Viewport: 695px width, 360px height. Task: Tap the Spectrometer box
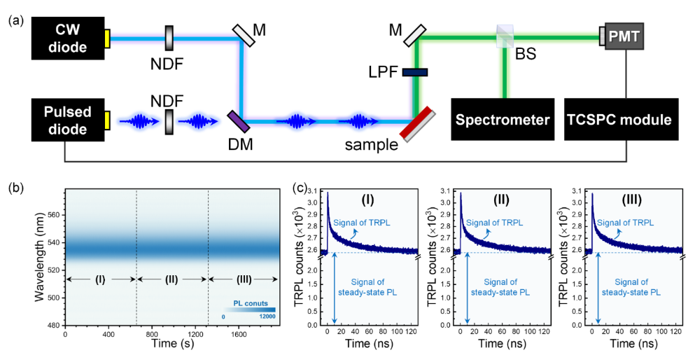(x=503, y=120)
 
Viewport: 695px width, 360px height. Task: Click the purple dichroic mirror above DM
(x=239, y=120)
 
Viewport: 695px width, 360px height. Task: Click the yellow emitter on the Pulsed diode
(x=106, y=121)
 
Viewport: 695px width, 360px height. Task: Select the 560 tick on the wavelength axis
(x=51, y=215)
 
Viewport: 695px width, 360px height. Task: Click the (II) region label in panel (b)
(x=171, y=279)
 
